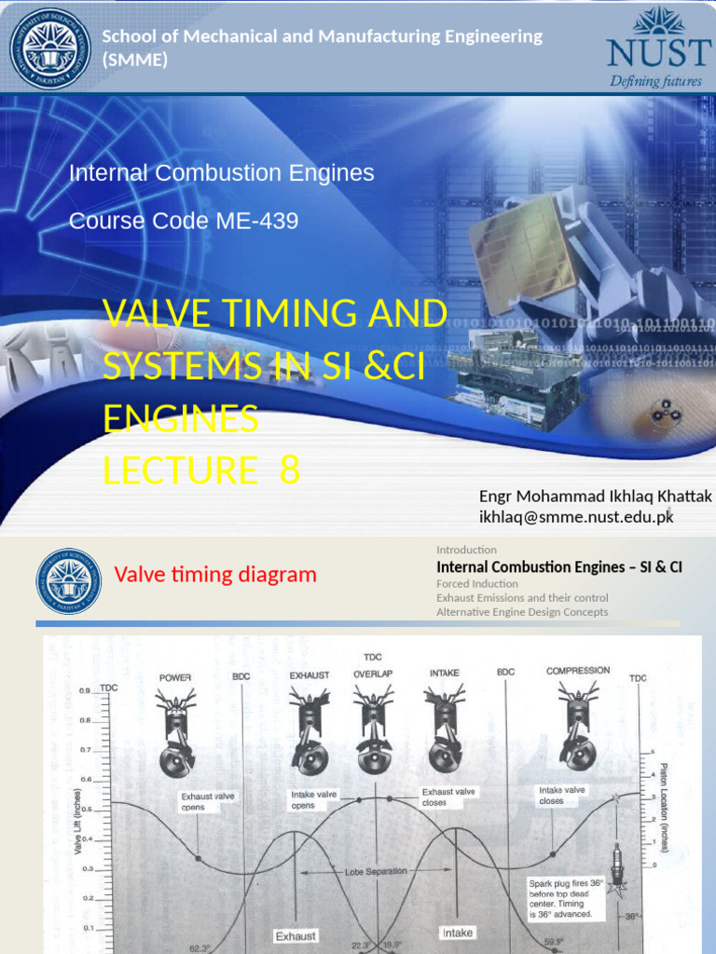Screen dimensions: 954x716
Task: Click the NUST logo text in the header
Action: point(654,52)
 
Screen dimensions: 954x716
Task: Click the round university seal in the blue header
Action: point(50,49)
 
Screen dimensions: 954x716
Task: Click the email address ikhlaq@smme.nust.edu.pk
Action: point(576,517)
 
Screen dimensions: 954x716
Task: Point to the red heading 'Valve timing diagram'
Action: point(215,575)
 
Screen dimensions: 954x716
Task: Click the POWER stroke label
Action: point(175,677)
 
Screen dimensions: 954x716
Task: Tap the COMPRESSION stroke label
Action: point(578,670)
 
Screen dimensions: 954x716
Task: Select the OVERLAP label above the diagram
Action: point(373,673)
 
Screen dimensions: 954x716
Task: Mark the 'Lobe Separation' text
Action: point(376,871)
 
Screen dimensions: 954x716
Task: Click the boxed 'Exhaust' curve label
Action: point(296,935)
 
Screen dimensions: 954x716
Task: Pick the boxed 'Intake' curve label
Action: point(457,933)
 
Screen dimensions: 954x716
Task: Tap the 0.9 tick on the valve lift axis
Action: point(84,690)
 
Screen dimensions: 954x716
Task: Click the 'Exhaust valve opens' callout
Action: point(208,801)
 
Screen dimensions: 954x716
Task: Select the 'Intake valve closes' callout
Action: point(563,795)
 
